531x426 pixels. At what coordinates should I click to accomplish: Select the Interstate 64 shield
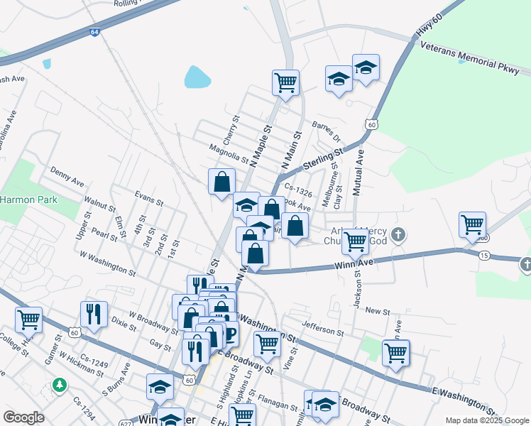(95, 32)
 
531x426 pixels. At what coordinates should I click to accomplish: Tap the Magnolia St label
(229, 153)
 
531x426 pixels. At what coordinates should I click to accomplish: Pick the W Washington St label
(107, 263)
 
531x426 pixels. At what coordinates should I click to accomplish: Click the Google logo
(23, 417)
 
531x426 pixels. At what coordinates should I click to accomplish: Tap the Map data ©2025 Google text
(486, 420)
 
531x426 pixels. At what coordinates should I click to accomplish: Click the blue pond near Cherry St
(197, 77)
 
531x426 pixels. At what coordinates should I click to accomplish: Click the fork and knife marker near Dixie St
(93, 313)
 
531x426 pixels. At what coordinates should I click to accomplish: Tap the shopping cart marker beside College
(28, 319)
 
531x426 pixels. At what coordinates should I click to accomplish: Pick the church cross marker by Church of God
(399, 234)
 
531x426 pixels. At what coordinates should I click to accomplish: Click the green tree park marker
(60, 386)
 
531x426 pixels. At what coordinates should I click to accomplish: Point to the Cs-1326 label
(298, 188)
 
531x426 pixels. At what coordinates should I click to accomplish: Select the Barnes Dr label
(326, 132)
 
